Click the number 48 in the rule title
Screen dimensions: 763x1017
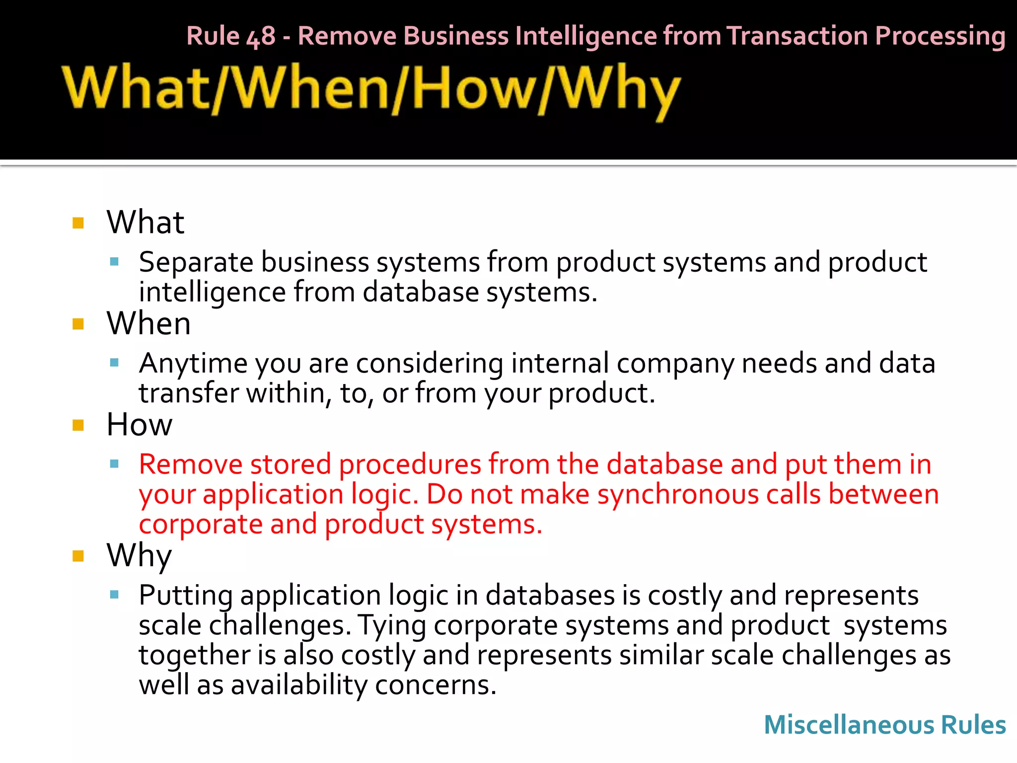pyautogui.click(x=261, y=37)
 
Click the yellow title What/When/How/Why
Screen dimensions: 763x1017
pyautogui.click(x=371, y=90)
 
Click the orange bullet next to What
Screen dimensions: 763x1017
pyautogui.click(x=78, y=223)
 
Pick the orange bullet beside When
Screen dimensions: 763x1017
pyautogui.click(x=78, y=324)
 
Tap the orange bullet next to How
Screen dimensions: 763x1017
pyautogui.click(x=78, y=426)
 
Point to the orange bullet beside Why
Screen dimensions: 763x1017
pyautogui.click(x=78, y=556)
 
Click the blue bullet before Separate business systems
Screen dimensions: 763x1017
pyautogui.click(x=114, y=261)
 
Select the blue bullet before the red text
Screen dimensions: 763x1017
pyautogui.click(x=114, y=464)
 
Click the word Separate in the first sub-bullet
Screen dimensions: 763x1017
pyautogui.click(x=196, y=263)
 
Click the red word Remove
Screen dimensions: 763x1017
pyautogui.click(x=190, y=465)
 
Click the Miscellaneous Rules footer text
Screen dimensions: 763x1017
pyautogui.click(x=884, y=725)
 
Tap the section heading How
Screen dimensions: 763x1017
pyautogui.click(x=140, y=425)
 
